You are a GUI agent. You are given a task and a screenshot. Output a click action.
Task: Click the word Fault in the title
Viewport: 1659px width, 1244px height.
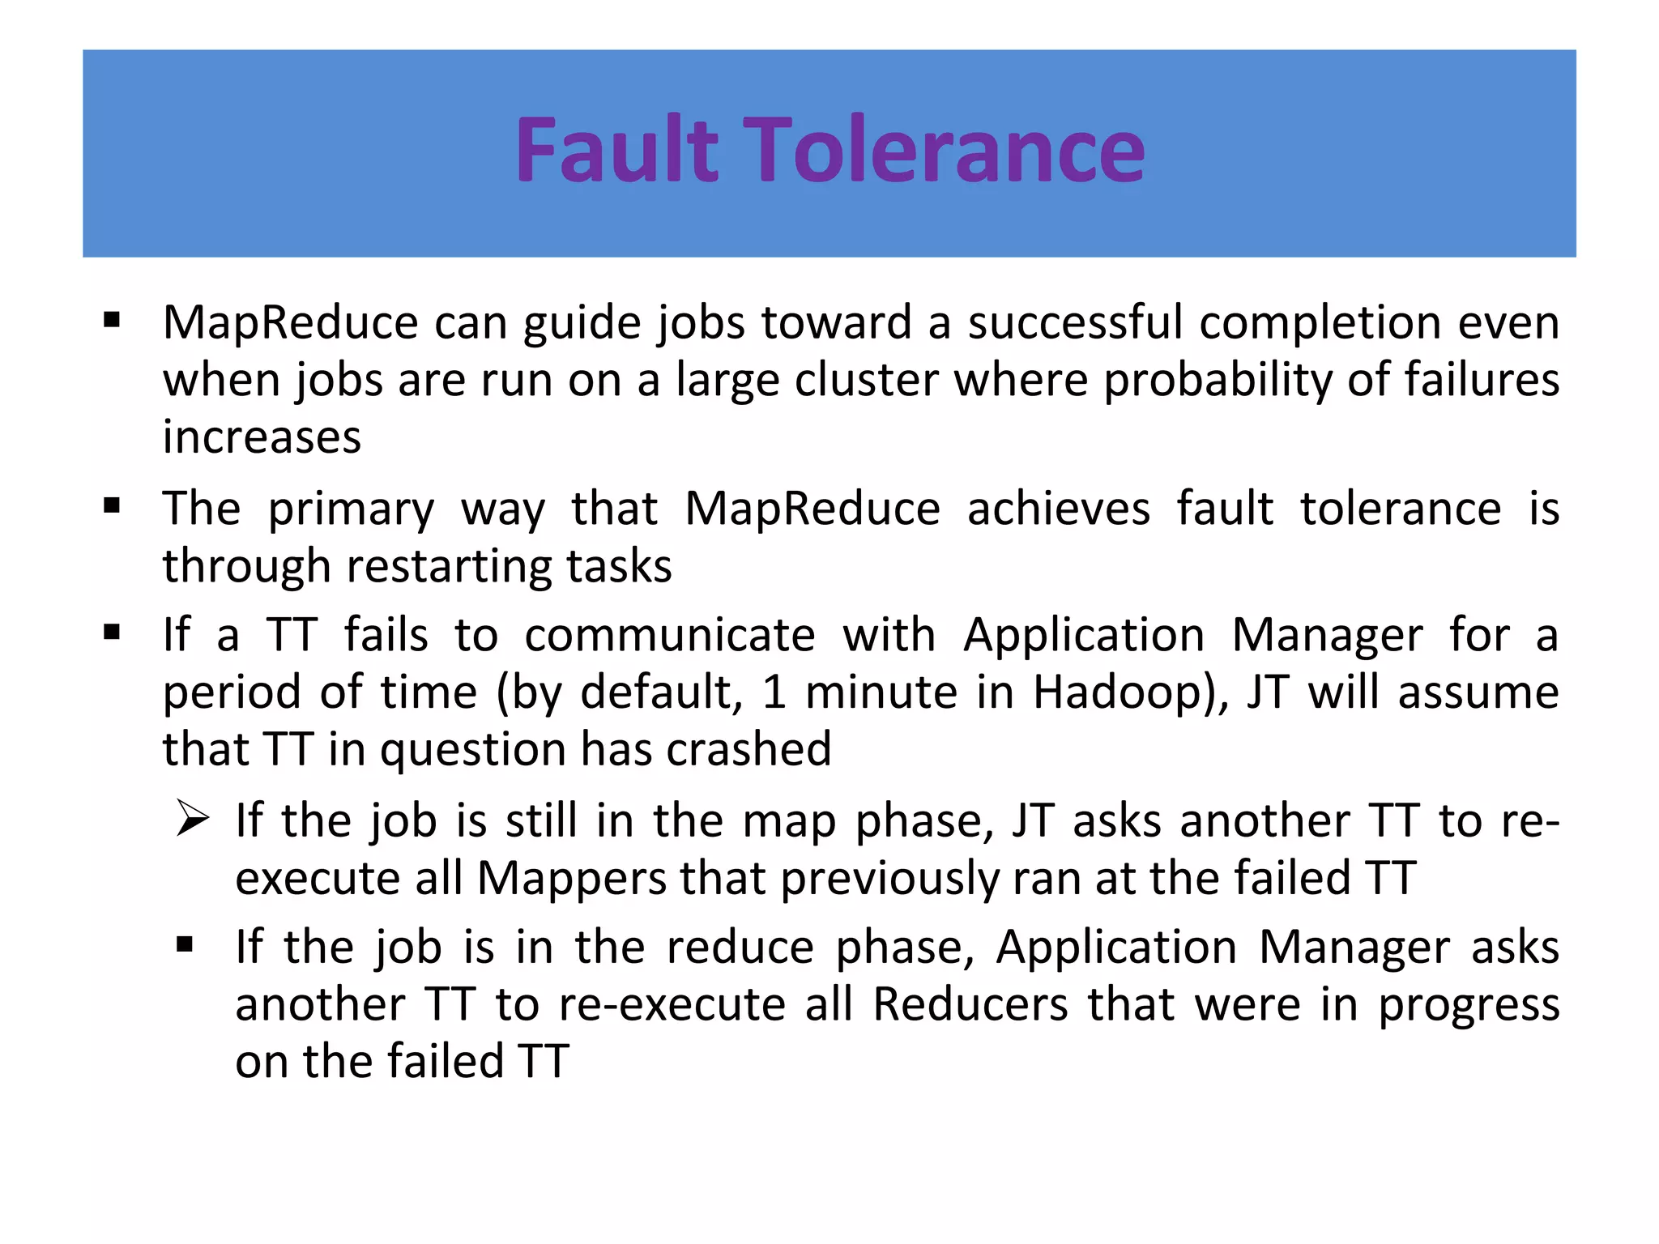click(616, 151)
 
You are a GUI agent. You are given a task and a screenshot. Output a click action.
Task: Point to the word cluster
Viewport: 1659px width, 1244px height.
click(866, 380)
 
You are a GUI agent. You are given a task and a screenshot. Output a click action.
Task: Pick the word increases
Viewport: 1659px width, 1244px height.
click(262, 437)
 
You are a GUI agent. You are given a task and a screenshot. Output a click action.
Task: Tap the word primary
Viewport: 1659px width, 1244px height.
click(351, 509)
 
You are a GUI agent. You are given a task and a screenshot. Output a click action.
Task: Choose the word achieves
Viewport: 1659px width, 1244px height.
click(1058, 509)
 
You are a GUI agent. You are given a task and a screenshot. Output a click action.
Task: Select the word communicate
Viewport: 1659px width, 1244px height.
click(669, 635)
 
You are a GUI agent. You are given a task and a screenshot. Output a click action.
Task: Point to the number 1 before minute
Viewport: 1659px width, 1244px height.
click(774, 692)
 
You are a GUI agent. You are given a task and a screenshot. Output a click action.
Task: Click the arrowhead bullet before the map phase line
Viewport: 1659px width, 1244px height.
click(193, 820)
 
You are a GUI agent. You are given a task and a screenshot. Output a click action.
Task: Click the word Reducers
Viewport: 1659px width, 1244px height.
click(970, 1005)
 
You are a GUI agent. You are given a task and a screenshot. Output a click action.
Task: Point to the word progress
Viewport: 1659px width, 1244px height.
click(1469, 1005)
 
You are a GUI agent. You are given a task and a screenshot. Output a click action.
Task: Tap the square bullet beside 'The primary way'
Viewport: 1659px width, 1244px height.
click(112, 507)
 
